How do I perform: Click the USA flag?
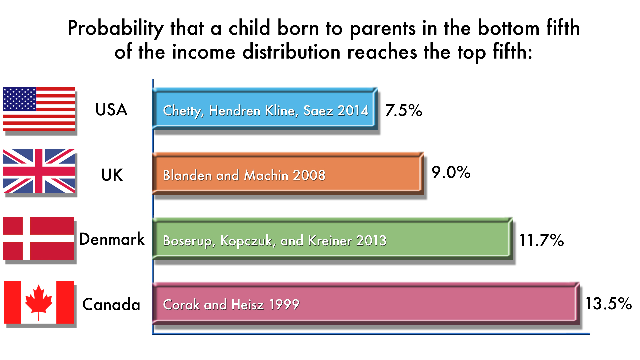[x=39, y=109]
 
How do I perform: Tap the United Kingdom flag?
[x=39, y=171]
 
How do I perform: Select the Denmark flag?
[x=38, y=238]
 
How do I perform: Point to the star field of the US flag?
[x=19, y=99]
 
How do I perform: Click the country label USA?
[x=111, y=110]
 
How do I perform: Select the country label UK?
[x=112, y=175]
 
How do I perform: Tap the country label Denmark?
[x=112, y=239]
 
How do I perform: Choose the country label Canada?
[x=111, y=304]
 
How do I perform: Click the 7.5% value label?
[x=404, y=110]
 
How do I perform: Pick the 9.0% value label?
[x=451, y=172]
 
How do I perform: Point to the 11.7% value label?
[x=542, y=240]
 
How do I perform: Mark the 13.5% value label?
[x=609, y=303]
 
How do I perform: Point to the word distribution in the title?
[x=292, y=52]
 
